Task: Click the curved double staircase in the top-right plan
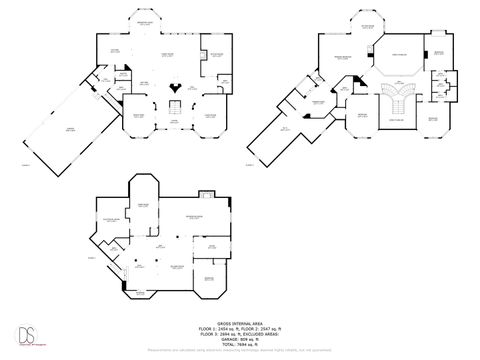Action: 398,102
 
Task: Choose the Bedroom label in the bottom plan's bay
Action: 208,278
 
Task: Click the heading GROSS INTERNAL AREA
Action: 239,322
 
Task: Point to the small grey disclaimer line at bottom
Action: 239,350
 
